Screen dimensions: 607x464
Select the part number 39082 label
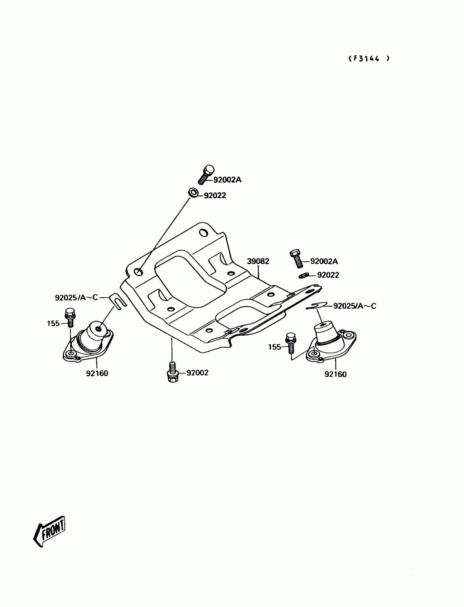click(x=258, y=261)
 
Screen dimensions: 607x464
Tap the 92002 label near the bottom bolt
click(x=198, y=373)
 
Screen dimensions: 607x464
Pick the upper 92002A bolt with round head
click(x=206, y=174)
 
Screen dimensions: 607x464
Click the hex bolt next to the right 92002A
click(x=296, y=258)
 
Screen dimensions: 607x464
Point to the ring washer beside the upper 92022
click(x=193, y=192)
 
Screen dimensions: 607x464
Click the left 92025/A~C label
click(x=76, y=298)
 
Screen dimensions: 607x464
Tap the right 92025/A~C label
click(x=355, y=306)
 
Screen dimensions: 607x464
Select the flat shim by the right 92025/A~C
click(x=317, y=306)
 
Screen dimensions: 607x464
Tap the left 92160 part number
click(x=97, y=373)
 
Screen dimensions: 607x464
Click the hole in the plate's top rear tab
click(x=204, y=233)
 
